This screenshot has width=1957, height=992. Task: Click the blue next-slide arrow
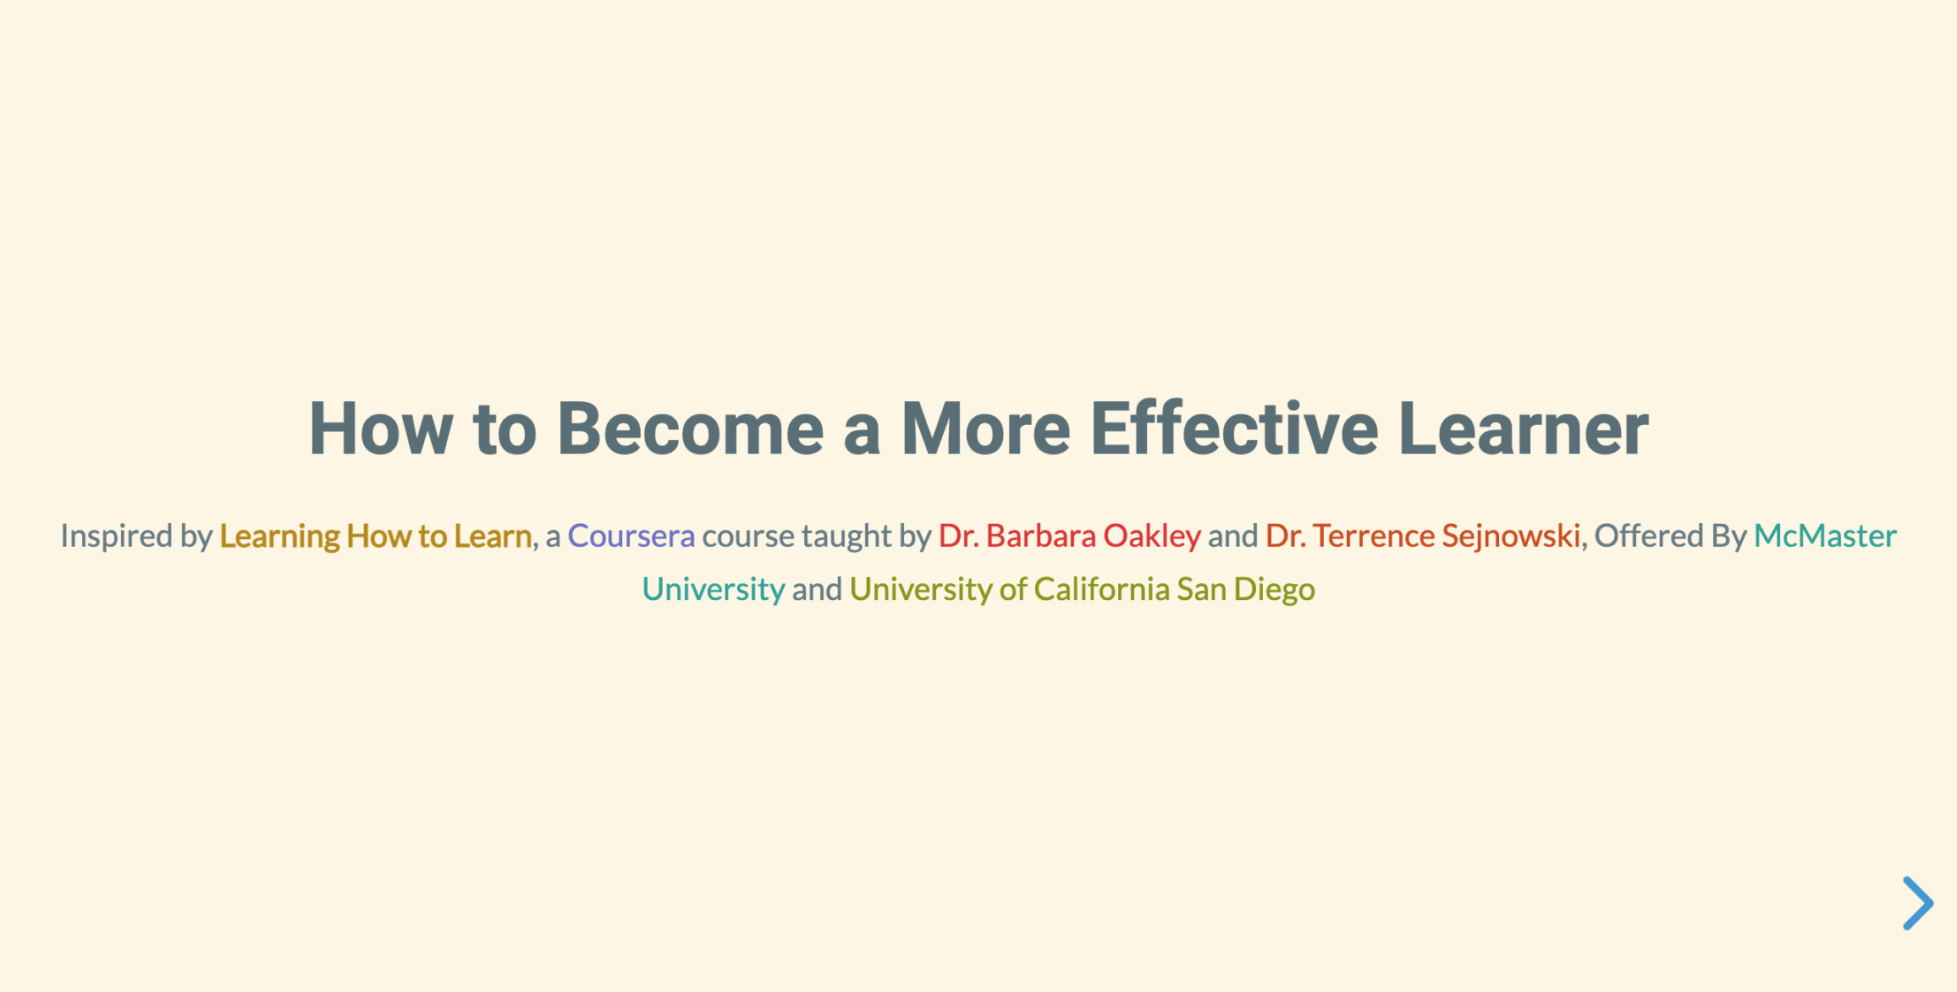pos(1917,903)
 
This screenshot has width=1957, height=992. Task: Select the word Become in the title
pos(690,429)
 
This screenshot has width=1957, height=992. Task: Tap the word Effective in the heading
pos(1234,429)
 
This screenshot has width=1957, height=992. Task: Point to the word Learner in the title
pos(1524,429)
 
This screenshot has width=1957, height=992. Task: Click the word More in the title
pos(985,429)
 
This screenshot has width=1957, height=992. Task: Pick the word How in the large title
pos(380,429)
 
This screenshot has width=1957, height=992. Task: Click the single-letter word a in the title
pos(862,432)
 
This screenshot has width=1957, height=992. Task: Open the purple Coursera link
pos(631,536)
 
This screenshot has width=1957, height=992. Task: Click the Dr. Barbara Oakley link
pos(1069,536)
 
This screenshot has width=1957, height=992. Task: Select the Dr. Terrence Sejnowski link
pos(1423,536)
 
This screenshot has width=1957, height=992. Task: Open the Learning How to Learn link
pos(376,536)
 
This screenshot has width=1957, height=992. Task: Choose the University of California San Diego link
pos(1082,589)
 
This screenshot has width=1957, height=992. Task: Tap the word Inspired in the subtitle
pos(117,536)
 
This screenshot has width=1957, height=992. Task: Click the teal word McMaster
pos(1825,536)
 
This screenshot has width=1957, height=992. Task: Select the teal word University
pos(714,589)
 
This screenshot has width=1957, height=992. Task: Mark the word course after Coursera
pos(747,536)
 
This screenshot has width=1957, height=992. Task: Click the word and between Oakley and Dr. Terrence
pos(1232,536)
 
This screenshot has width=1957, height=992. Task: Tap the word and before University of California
pos(817,589)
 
